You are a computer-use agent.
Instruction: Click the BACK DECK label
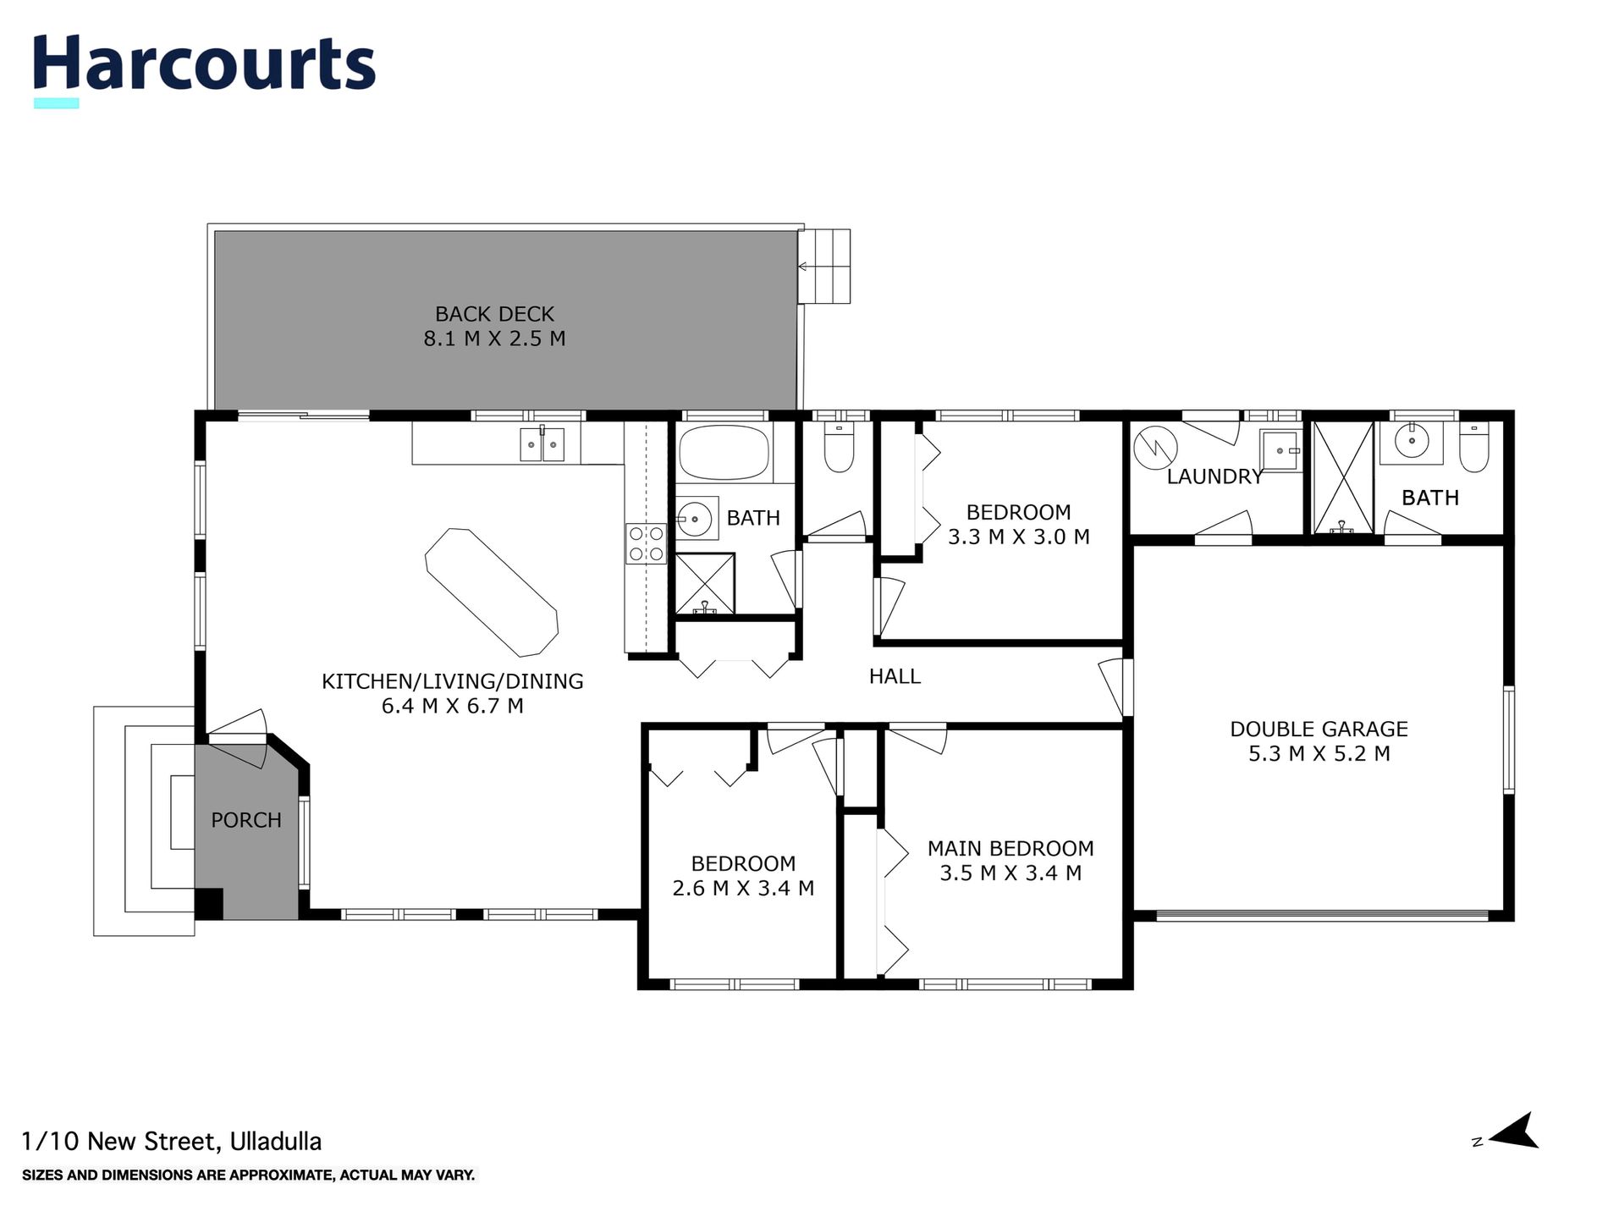(494, 314)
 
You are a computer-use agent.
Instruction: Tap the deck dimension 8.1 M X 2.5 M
(494, 339)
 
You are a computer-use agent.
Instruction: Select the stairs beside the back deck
(825, 266)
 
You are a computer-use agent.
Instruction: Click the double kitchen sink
(542, 444)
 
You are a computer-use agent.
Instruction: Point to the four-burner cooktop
(646, 543)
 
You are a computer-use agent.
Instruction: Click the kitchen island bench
(491, 592)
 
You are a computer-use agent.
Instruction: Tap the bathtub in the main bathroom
(724, 452)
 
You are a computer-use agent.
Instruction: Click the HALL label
(895, 676)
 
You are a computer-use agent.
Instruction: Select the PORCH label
(246, 820)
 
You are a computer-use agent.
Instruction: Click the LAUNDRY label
(1214, 476)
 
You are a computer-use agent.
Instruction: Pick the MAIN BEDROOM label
(1011, 848)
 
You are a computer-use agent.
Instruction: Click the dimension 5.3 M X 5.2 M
(1319, 753)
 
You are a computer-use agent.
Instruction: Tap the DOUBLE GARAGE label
(1319, 729)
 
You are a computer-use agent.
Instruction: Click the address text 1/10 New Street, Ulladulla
(172, 1142)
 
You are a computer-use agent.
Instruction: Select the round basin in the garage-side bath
(1412, 440)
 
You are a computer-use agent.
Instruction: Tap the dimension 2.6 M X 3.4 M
(743, 888)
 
